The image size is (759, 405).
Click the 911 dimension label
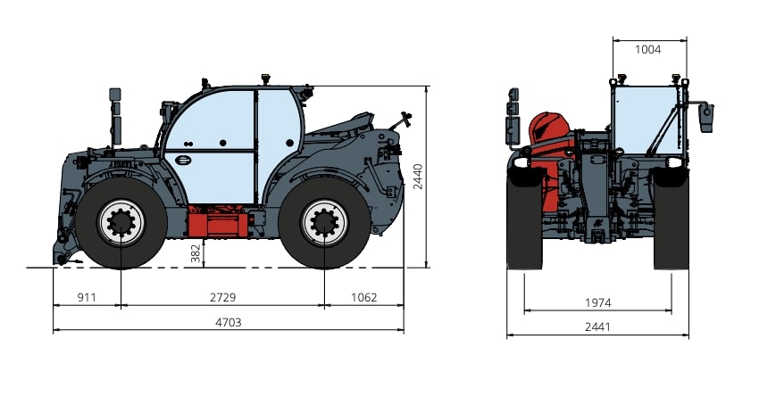tap(87, 297)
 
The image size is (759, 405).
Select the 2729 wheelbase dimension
tap(222, 297)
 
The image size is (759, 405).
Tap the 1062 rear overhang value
tap(363, 297)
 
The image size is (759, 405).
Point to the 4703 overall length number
tap(228, 322)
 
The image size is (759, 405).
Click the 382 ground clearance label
tap(196, 253)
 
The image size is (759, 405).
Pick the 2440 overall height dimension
tap(418, 177)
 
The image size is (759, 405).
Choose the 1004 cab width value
tap(647, 49)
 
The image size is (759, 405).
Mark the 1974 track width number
tap(597, 303)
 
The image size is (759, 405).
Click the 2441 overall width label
tap(597, 327)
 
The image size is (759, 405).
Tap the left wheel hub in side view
tap(121, 223)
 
